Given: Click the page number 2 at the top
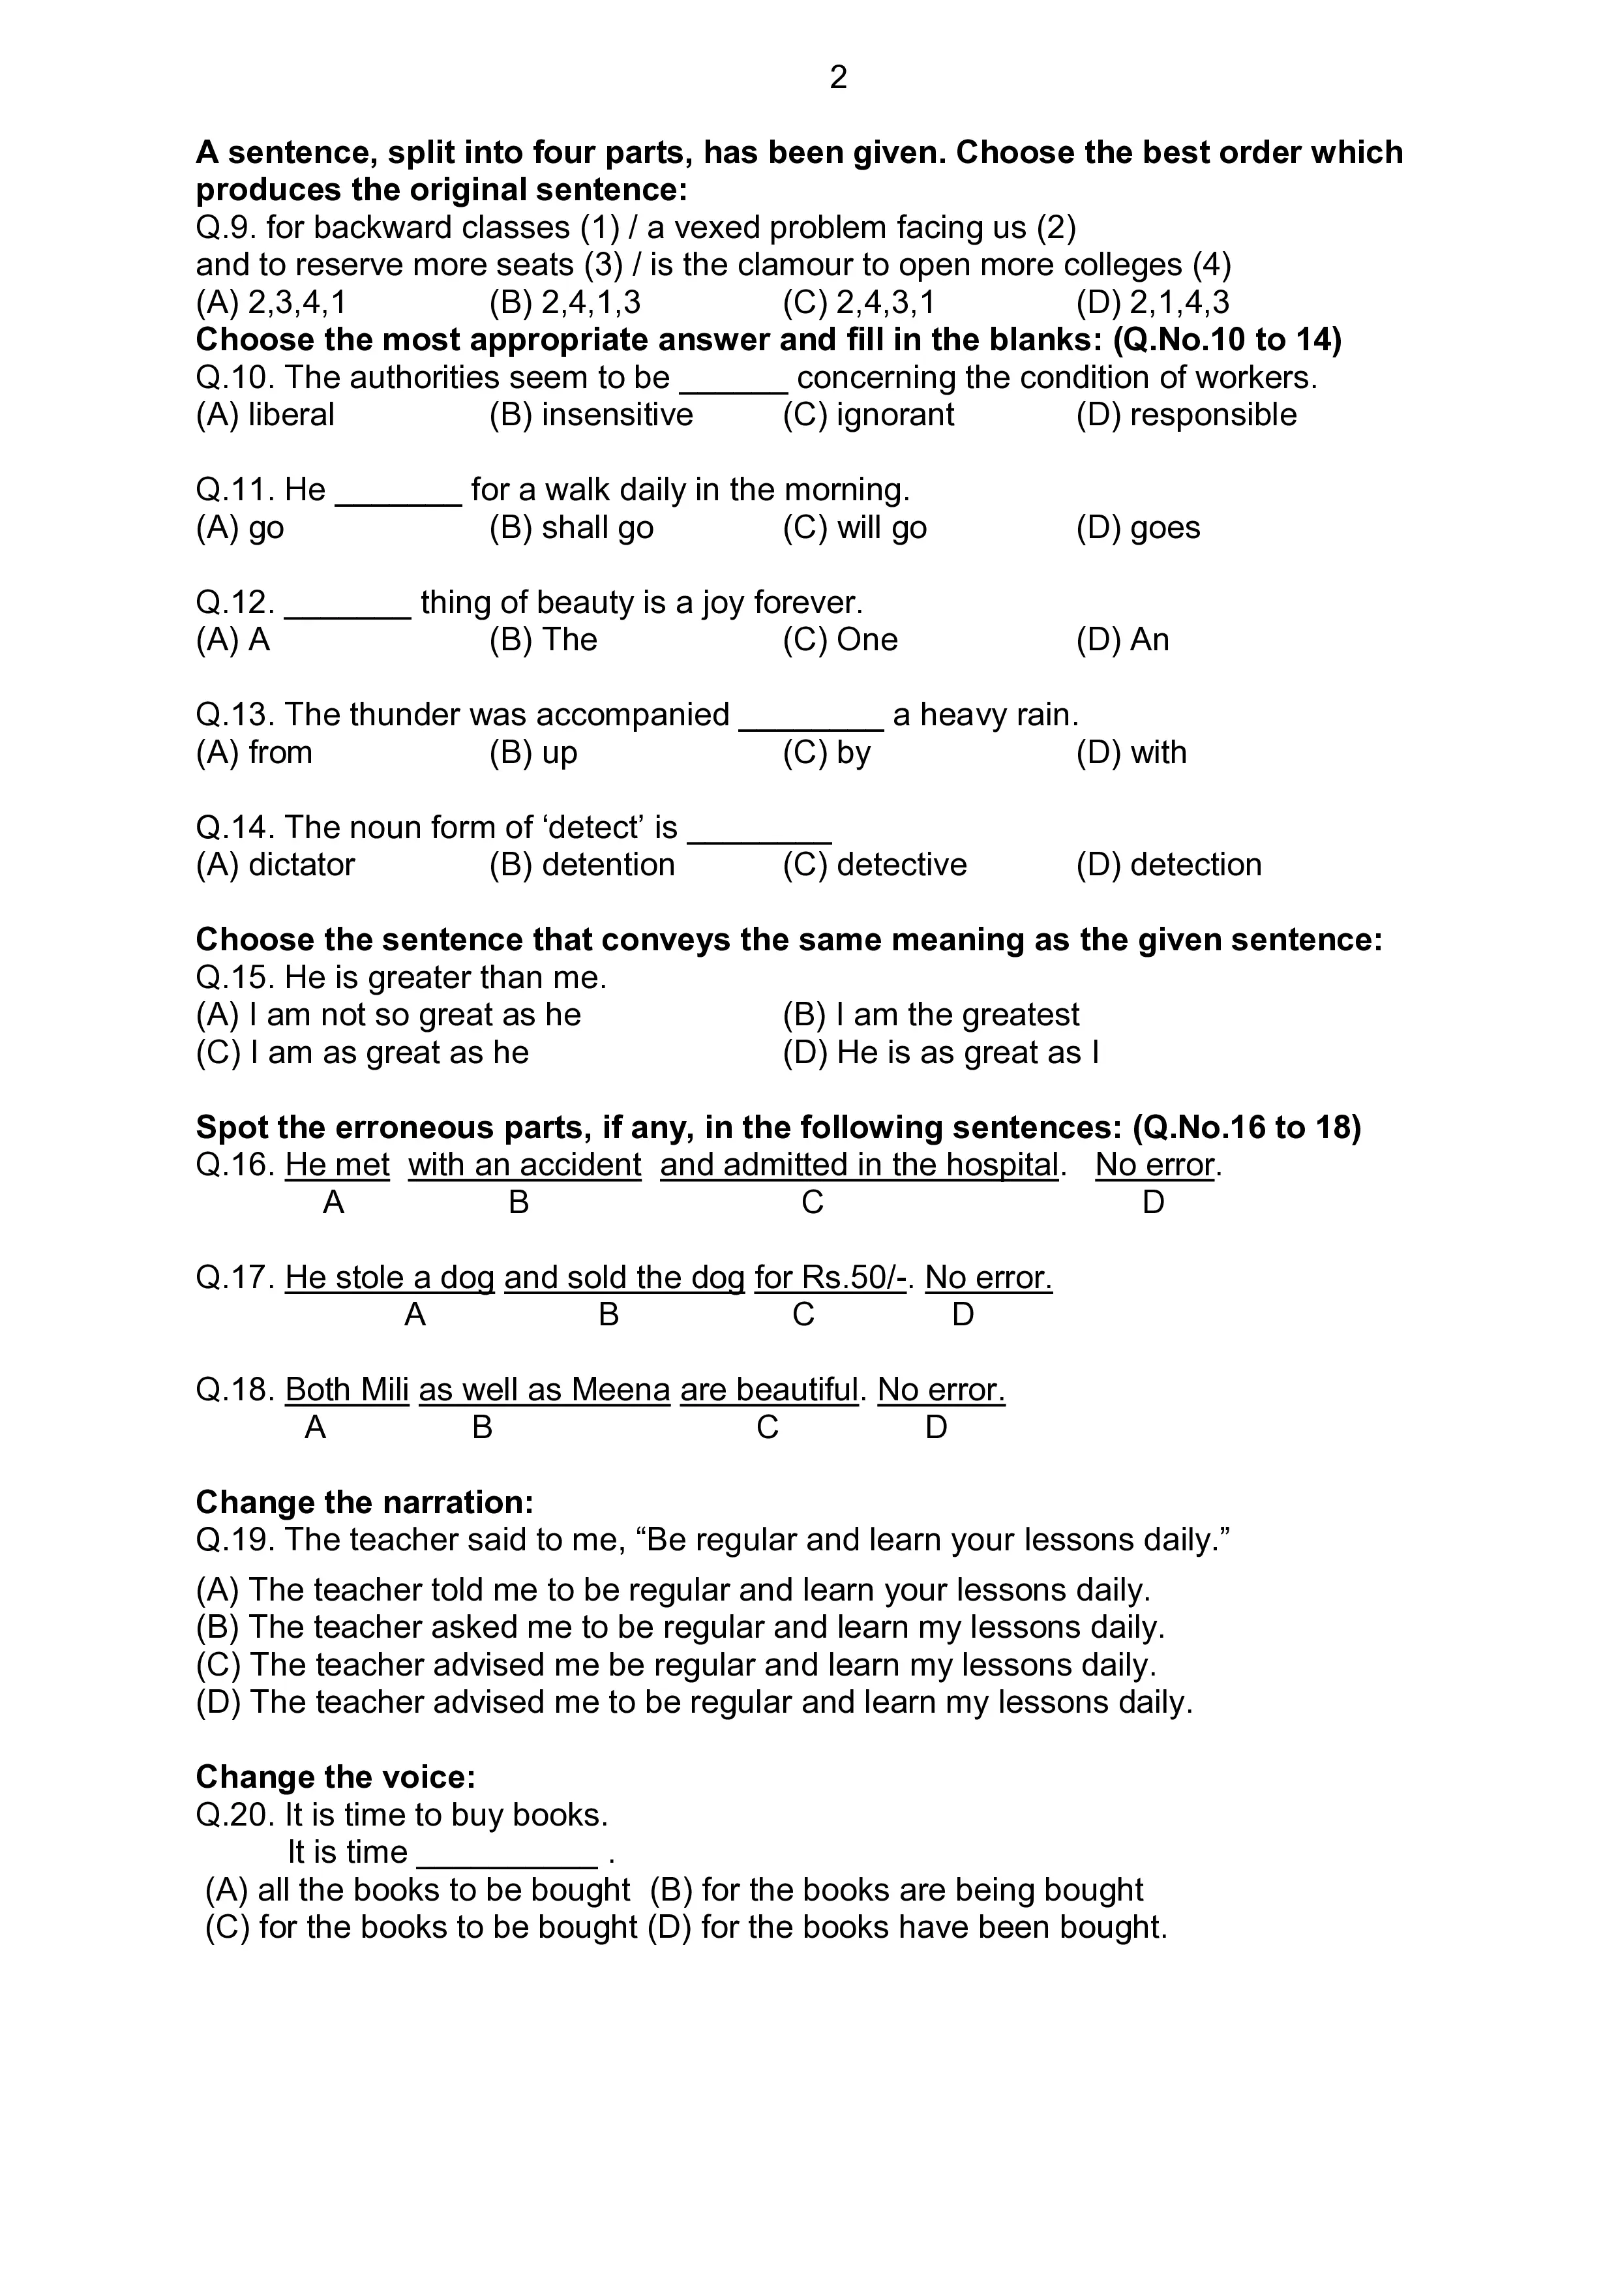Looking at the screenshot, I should pyautogui.click(x=838, y=78).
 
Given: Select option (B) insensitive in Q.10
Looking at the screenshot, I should pyautogui.click(x=591, y=415).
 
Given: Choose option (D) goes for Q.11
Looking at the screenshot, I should pyautogui.click(x=1138, y=527).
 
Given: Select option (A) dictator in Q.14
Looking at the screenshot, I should pyautogui.click(x=275, y=864).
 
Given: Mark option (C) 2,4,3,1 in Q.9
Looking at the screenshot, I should pyautogui.click(x=859, y=302).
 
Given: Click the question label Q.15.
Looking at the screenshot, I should pyautogui.click(x=235, y=978).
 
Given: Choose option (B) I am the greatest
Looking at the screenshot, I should pyautogui.click(x=931, y=1014).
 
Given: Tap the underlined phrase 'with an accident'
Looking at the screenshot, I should pyautogui.click(x=524, y=1165).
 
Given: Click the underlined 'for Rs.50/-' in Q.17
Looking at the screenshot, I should pyautogui.click(x=830, y=1278).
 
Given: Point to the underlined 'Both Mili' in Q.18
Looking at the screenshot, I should pyautogui.click(x=347, y=1389).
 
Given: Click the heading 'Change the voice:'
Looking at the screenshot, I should pyautogui.click(x=336, y=1777).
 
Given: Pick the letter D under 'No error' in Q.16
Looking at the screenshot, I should pyautogui.click(x=1153, y=1203).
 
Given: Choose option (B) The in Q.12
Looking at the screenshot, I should pyautogui.click(x=543, y=640).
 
